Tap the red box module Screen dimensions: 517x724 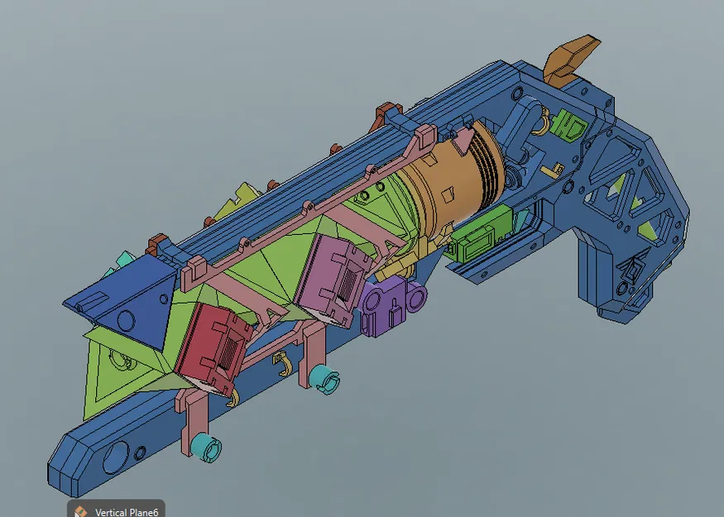(212, 347)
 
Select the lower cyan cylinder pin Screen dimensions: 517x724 (206, 448)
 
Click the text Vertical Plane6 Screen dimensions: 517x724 (128, 510)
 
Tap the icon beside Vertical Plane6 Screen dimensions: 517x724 (80, 510)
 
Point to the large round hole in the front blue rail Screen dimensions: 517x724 (116, 457)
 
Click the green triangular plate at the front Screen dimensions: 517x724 (116, 372)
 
